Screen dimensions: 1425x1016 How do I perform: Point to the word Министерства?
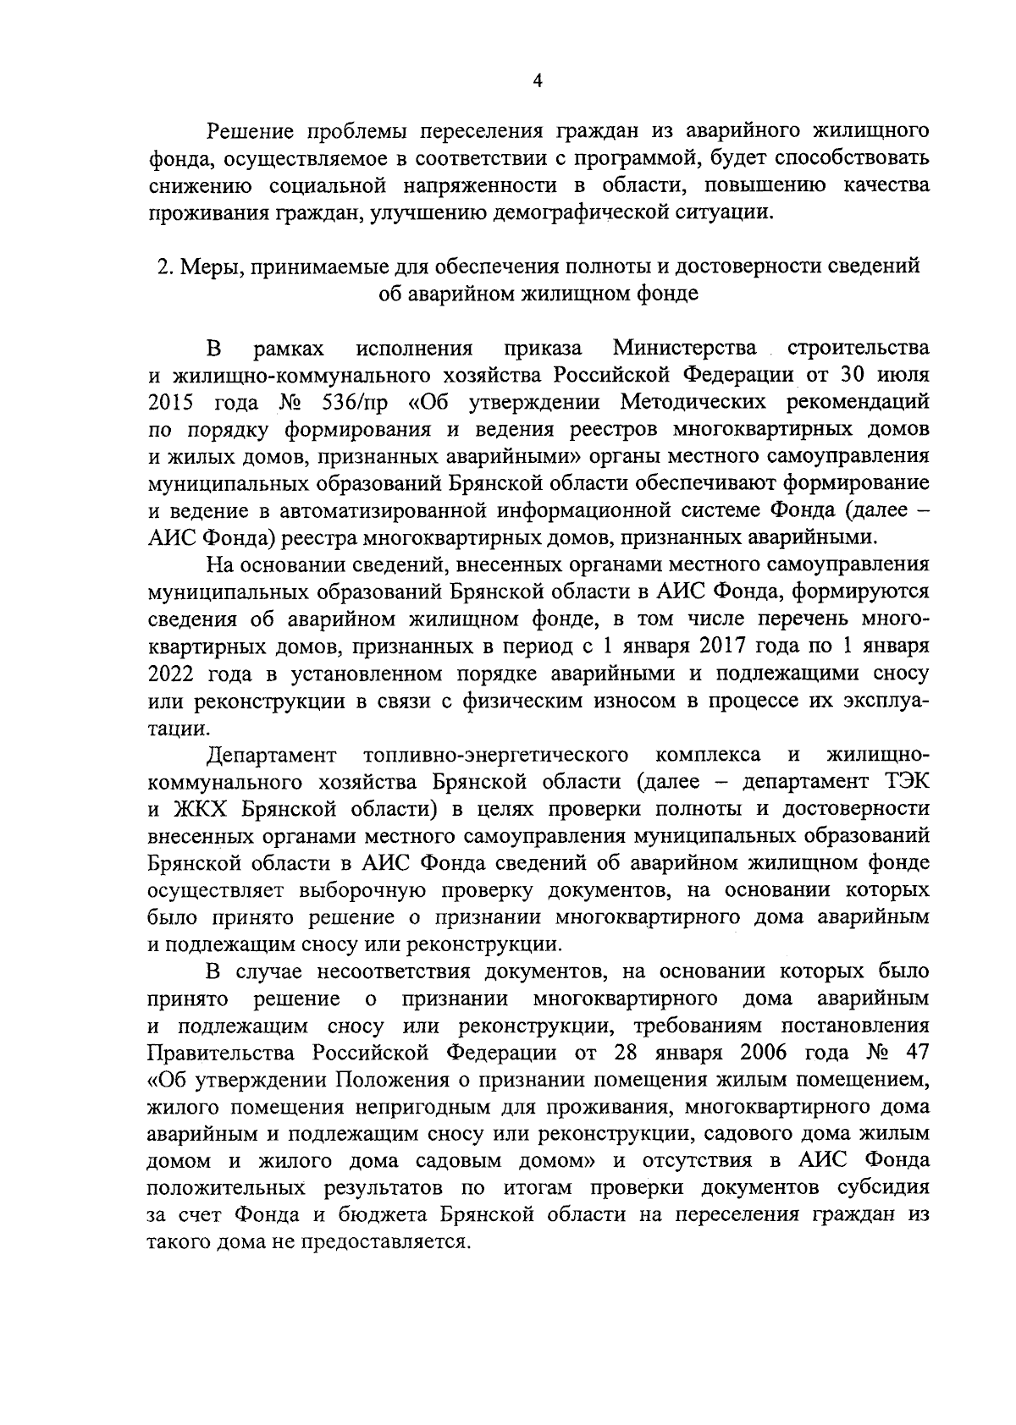(685, 348)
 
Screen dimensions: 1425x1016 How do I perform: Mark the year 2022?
(173, 674)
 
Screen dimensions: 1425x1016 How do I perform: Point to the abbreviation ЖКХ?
(206, 809)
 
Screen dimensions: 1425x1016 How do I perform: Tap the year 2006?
(766, 1053)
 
